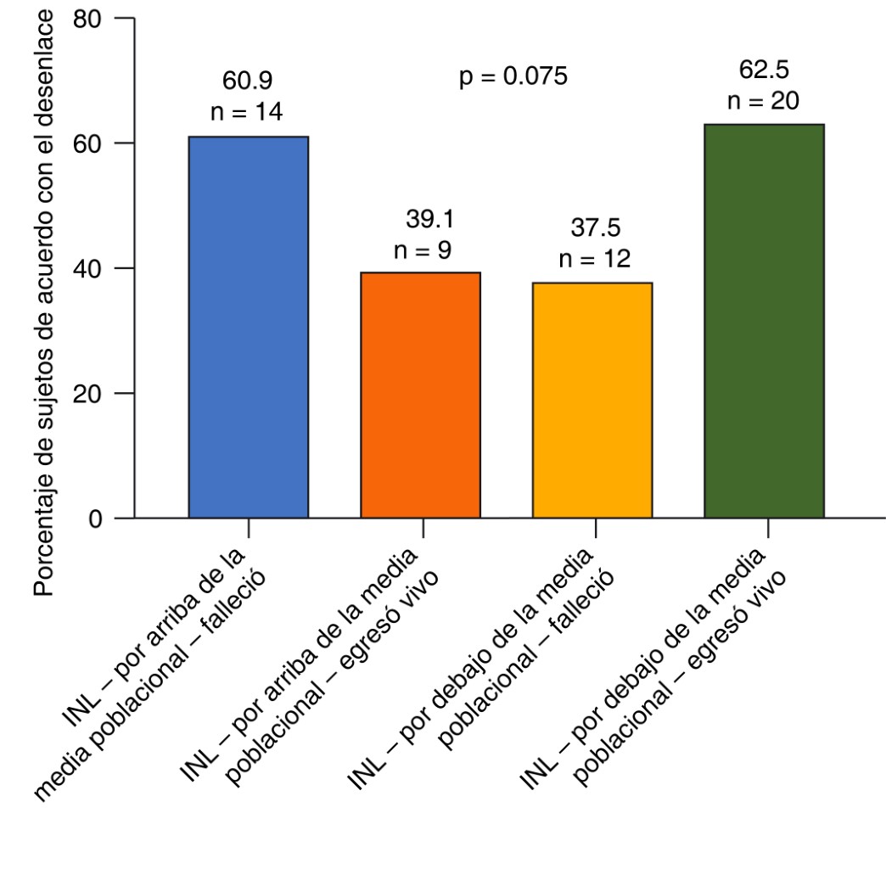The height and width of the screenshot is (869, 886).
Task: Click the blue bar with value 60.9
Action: pos(248,327)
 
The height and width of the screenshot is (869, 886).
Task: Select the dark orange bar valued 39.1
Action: pos(421,395)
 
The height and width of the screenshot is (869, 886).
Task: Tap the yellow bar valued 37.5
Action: pos(592,400)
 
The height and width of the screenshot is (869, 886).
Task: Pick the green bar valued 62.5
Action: pos(764,321)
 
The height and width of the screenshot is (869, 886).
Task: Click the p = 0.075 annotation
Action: pos(512,77)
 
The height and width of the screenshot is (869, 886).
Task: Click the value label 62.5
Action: pos(764,69)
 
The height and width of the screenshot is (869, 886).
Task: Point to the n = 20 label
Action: pos(764,100)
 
